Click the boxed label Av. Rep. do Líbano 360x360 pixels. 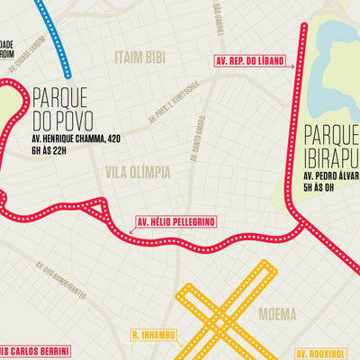click(x=255, y=61)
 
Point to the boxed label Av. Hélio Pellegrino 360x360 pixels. click(x=172, y=221)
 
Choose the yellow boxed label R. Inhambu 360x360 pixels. click(x=154, y=337)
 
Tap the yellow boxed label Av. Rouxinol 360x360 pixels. click(x=328, y=352)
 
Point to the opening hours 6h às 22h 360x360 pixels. click(x=50, y=152)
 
